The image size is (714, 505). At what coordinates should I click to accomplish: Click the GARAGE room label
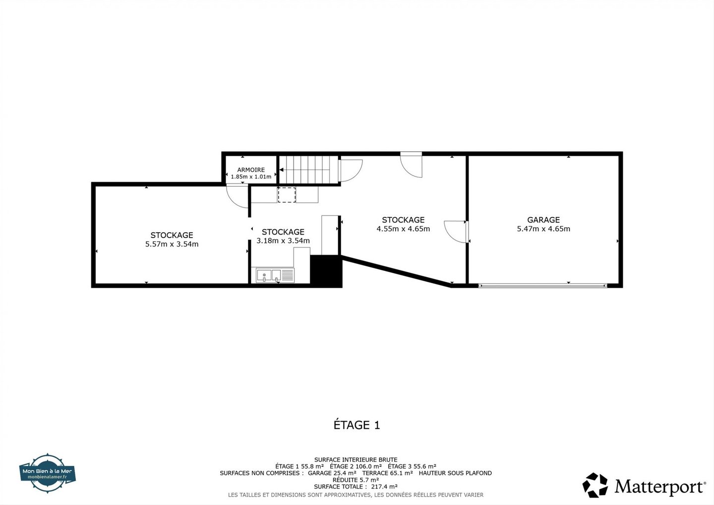(543, 220)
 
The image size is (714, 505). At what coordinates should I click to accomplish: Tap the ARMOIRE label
(251, 170)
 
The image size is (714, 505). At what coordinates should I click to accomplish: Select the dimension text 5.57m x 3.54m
(172, 244)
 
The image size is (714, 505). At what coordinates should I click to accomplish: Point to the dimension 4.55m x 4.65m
(403, 229)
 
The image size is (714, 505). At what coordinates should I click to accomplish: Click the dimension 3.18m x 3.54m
(283, 241)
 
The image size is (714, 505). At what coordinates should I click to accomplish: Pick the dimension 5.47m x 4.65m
(543, 229)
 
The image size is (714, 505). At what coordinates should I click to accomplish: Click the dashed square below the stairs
(287, 194)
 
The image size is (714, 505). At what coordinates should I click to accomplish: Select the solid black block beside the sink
(326, 270)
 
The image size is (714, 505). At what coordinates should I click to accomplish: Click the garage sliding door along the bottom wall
(543, 286)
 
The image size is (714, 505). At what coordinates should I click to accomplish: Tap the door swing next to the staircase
(351, 171)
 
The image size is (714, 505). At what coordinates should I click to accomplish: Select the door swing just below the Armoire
(237, 196)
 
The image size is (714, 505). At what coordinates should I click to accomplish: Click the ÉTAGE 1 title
(357, 425)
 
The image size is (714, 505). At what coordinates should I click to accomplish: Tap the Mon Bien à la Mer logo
(48, 473)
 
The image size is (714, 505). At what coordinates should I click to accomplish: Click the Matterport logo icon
(595, 485)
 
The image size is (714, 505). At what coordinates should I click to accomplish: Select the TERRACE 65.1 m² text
(387, 473)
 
